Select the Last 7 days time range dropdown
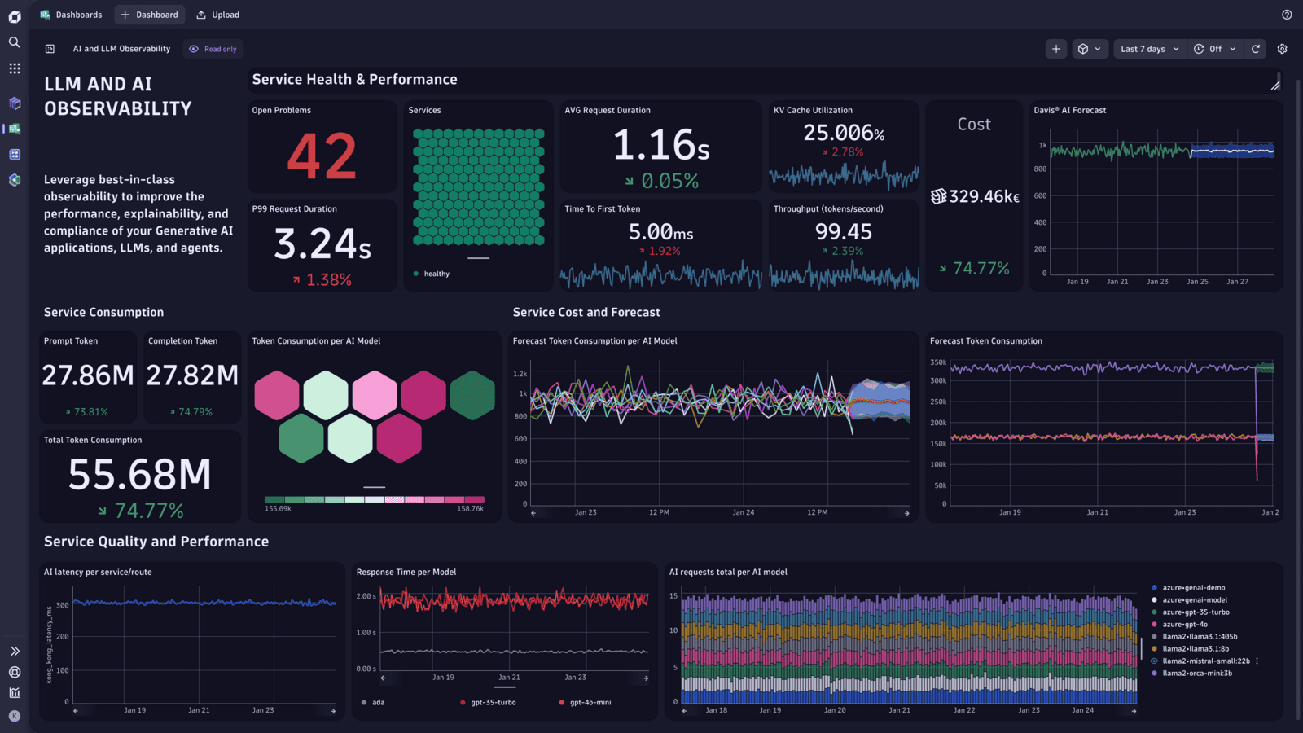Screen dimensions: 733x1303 pyautogui.click(x=1148, y=49)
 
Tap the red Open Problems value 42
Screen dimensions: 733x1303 pyautogui.click(x=322, y=156)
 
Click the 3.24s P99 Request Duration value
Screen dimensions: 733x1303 pyautogui.click(x=322, y=244)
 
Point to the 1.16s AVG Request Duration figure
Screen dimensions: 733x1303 pyautogui.click(x=660, y=146)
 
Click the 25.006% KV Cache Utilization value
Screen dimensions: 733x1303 pyautogui.click(x=844, y=133)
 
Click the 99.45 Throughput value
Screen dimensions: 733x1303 pyautogui.click(x=843, y=232)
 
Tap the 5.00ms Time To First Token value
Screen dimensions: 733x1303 pyautogui.click(x=660, y=233)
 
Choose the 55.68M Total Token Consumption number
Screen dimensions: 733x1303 pyautogui.click(x=139, y=475)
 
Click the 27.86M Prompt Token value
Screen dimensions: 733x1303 pyautogui.click(x=88, y=375)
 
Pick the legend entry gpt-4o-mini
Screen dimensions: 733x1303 pyautogui.click(x=590, y=702)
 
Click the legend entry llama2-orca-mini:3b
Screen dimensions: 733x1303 pyautogui.click(x=1196, y=674)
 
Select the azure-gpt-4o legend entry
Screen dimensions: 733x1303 pyautogui.click(x=1184, y=625)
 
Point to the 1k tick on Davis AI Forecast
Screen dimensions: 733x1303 pyautogui.click(x=1042, y=146)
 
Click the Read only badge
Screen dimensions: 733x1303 pyautogui.click(x=213, y=49)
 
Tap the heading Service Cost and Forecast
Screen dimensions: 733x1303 pyautogui.click(x=586, y=313)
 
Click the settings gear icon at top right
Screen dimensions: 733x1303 pyautogui.click(x=1282, y=49)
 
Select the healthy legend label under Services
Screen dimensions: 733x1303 pyautogui.click(x=436, y=274)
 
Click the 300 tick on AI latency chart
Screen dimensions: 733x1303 pyautogui.click(x=63, y=606)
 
